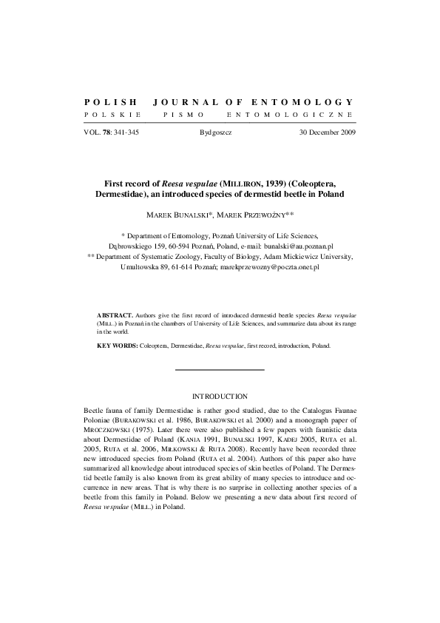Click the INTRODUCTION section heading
tap(220, 397)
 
